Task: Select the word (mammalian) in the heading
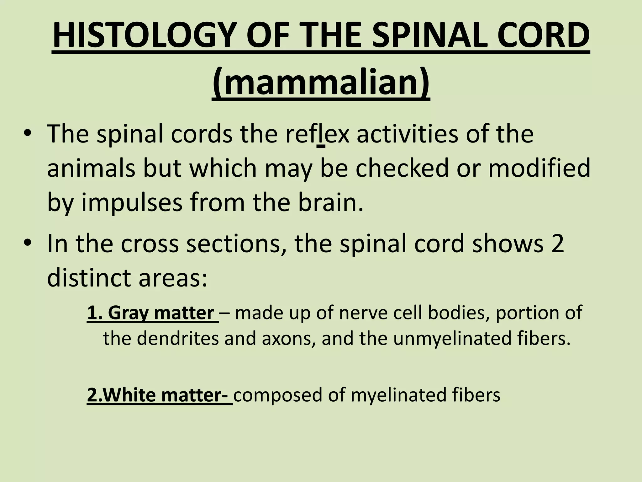pyautogui.click(x=321, y=82)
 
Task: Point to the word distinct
pyautogui.click(x=89, y=278)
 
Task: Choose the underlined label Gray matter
pyautogui.click(x=153, y=313)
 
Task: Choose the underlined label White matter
pyautogui.click(x=159, y=395)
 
